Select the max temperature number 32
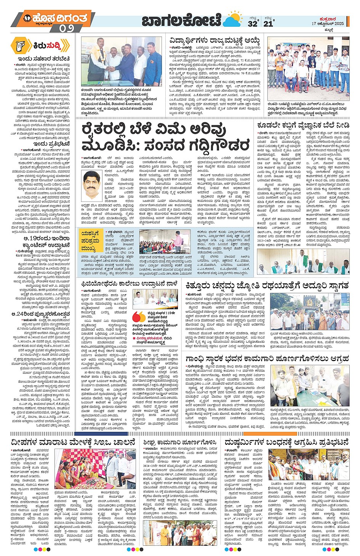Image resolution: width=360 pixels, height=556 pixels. click(x=252, y=24)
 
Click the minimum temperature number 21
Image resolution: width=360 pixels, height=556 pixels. click(x=269, y=24)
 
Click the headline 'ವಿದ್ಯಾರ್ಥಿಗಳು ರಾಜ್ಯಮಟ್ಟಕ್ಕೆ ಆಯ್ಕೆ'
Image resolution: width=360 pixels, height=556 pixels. click(x=215, y=40)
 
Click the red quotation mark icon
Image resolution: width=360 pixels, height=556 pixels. click(x=138, y=317)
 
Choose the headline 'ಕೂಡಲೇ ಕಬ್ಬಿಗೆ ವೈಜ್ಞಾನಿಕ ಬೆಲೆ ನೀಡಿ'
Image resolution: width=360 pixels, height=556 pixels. click(x=303, y=125)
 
